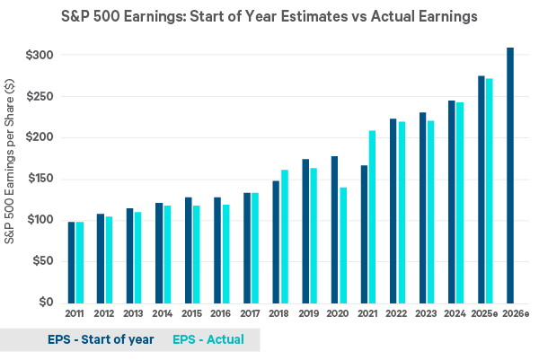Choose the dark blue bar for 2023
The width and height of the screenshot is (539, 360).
(421, 207)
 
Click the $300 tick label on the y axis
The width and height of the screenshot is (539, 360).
(40, 56)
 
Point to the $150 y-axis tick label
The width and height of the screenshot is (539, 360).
(40, 179)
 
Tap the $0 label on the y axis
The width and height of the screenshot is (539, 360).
(45, 303)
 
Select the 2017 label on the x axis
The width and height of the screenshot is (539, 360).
(251, 313)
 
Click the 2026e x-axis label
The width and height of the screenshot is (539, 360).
(512, 313)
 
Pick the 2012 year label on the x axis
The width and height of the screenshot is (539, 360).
(104, 313)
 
